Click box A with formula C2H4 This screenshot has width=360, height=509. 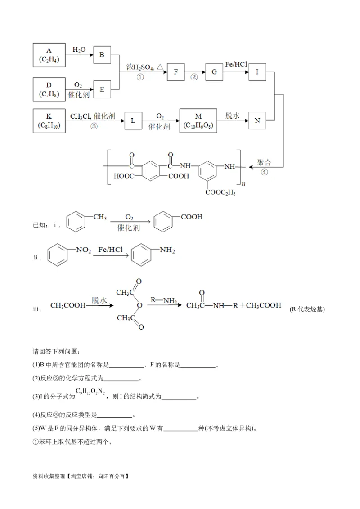click(49, 54)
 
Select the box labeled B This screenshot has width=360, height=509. click(102, 55)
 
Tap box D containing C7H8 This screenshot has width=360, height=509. click(49, 89)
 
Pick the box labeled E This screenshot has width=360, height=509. click(102, 89)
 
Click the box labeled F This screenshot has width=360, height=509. click(176, 72)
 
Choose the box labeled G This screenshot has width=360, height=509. click(214, 72)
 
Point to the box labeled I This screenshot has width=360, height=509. click(257, 72)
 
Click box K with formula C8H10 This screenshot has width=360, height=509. click(49, 121)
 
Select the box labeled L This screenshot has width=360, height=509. click(133, 121)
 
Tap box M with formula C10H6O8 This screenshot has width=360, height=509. click(198, 121)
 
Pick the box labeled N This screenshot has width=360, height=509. click(257, 121)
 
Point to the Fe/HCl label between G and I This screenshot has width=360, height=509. click(236, 65)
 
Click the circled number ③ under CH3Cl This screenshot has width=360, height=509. click(94, 126)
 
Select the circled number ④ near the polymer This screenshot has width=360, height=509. click(264, 172)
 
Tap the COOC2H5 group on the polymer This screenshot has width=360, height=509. click(220, 192)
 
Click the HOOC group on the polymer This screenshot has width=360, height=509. click(124, 176)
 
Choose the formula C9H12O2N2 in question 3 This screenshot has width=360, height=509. click(90, 392)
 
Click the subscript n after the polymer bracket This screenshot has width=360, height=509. click(243, 183)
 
